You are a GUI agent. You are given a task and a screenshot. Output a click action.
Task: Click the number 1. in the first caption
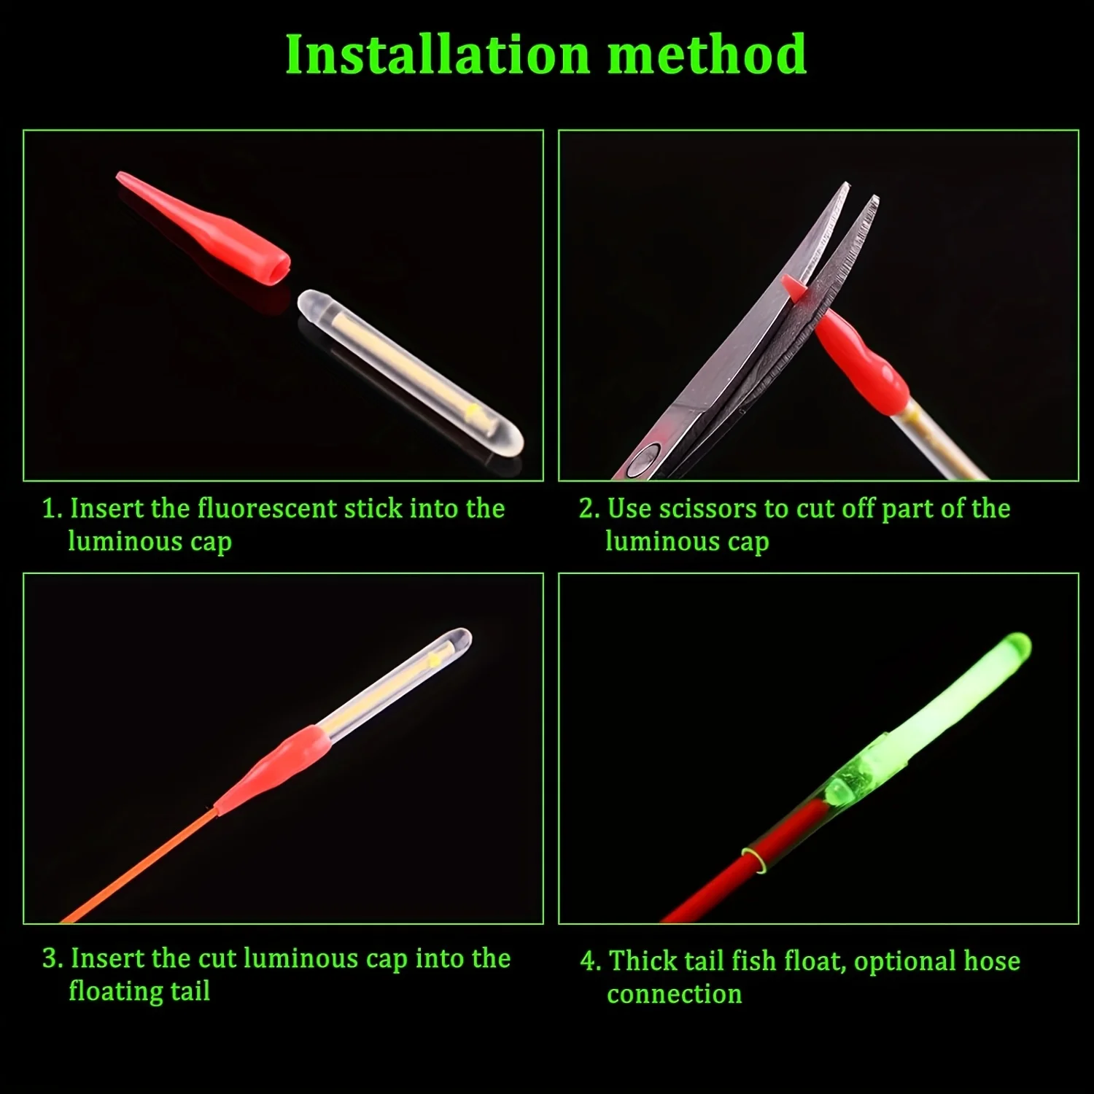coord(53,509)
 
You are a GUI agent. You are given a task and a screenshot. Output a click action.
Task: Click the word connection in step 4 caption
coord(674,994)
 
